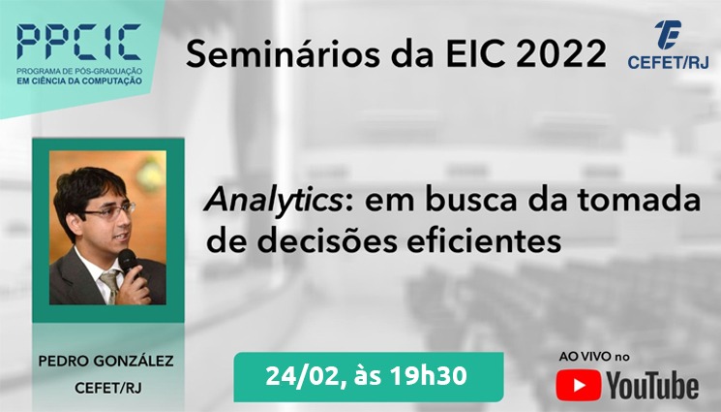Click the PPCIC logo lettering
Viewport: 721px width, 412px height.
79,43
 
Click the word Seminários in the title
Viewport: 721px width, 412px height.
283,54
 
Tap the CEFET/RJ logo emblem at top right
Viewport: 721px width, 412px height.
668,35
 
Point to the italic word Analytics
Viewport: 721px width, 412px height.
274,201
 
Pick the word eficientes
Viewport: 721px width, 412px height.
484,240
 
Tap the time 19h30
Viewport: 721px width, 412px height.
428,376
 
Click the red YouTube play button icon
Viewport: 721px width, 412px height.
578,385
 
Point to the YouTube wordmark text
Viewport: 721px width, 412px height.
652,386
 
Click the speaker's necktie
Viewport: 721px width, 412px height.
111,285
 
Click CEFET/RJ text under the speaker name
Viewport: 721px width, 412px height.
108,389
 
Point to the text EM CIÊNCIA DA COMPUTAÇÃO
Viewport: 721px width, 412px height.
79,81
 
